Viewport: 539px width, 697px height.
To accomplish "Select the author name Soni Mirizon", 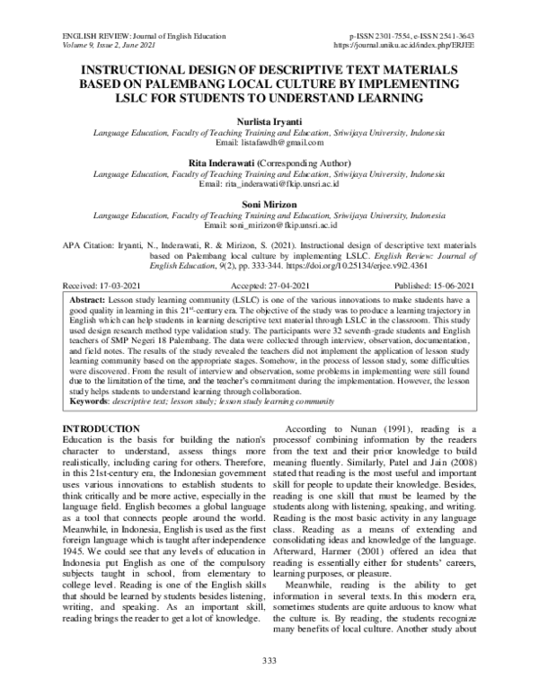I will click(269, 204).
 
